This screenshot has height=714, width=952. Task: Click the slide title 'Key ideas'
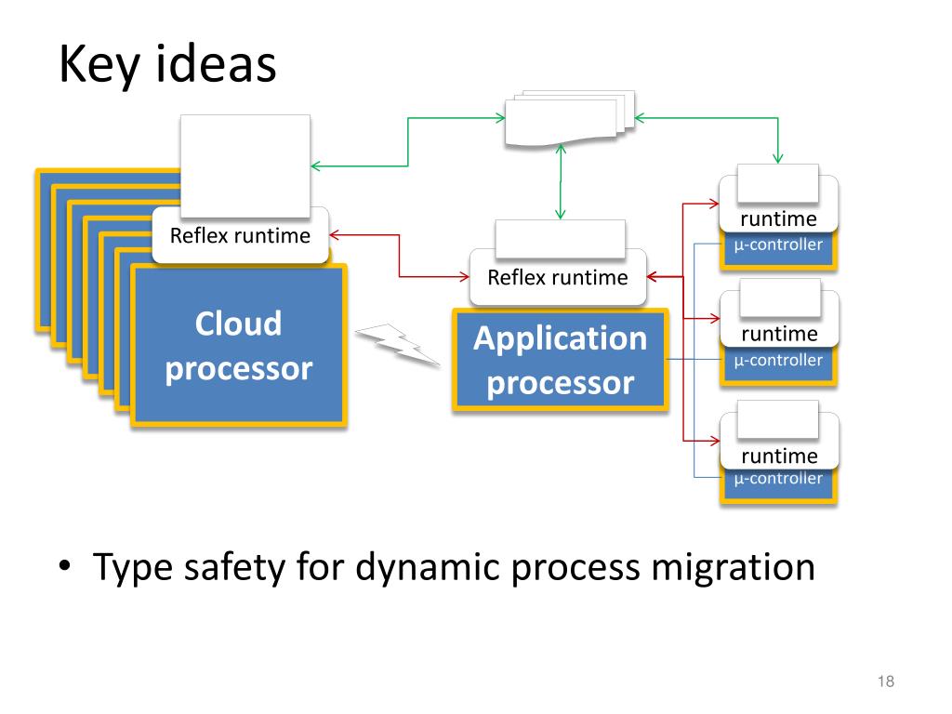coord(167,64)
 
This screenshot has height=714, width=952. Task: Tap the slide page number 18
coord(886,681)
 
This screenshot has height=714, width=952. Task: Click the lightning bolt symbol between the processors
coord(398,345)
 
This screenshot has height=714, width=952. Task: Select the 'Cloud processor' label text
coord(239,346)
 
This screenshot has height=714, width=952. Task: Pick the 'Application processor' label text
coord(561,361)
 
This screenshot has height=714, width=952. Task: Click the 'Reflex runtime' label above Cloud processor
coord(240,235)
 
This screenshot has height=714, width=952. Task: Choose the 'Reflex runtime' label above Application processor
coord(558,277)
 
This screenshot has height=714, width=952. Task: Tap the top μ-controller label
coord(778,245)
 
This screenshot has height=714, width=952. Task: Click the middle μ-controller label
coord(778,361)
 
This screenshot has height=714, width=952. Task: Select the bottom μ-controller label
coord(778,479)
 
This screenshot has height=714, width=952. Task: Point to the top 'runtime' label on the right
coord(778,219)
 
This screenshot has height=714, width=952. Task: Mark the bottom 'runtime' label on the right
coord(780,456)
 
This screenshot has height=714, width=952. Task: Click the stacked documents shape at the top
coord(570,118)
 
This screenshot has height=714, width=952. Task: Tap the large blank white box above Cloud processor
coord(245,165)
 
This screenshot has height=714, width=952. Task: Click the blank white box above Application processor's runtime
coord(561,239)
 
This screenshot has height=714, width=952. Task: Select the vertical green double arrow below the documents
coord(561,181)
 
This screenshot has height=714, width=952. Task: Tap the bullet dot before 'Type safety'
coord(65,566)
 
